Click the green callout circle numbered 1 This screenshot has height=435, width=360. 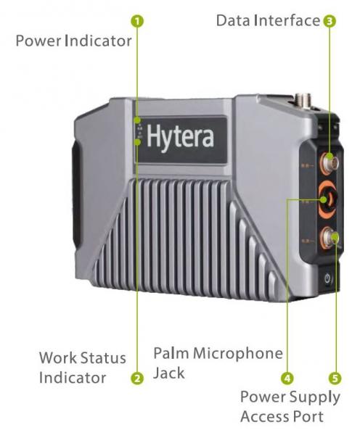[x=137, y=21]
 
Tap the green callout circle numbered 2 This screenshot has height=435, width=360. [x=137, y=378]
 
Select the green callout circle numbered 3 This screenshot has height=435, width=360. [x=330, y=21]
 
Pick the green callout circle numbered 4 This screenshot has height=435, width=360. [x=287, y=378]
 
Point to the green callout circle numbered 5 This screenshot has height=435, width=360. [x=335, y=378]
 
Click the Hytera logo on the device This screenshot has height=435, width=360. [x=180, y=136]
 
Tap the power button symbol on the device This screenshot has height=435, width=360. [x=328, y=278]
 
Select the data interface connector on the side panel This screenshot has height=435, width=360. [x=327, y=161]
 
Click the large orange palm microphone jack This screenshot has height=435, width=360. [x=328, y=199]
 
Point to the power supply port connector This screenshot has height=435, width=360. [x=329, y=238]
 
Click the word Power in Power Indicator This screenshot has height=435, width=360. [x=38, y=41]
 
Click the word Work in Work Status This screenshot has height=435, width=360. [x=57, y=357]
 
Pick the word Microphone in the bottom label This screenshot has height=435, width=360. [x=238, y=354]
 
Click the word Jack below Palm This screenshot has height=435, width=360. [x=169, y=373]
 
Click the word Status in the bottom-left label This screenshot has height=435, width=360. [x=102, y=357]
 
